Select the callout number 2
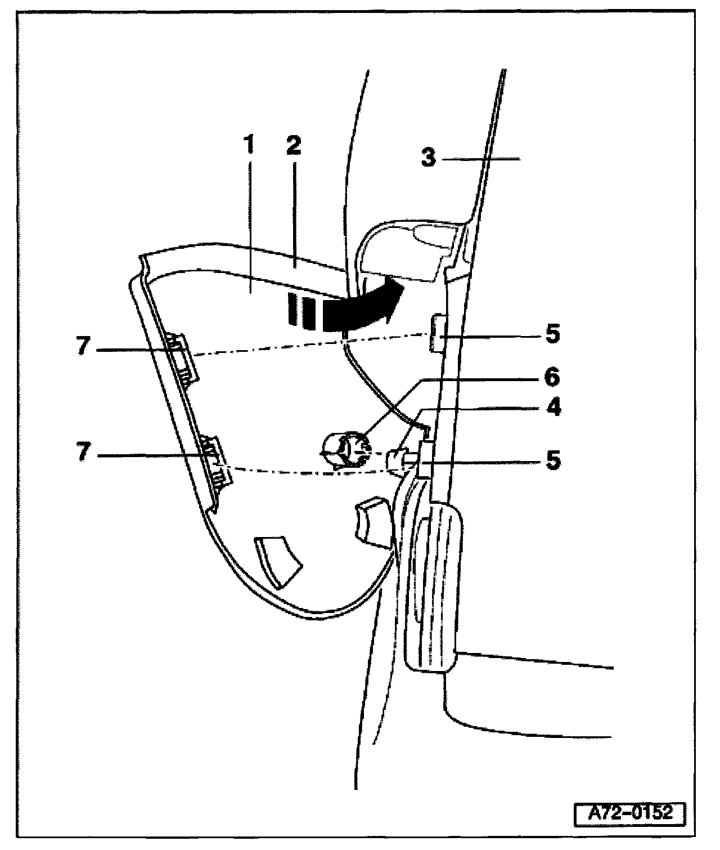(293, 146)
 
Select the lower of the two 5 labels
(552, 461)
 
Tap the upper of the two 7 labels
(83, 347)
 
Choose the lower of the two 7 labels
(83, 453)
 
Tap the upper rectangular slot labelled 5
(438, 333)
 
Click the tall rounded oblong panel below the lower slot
(434, 585)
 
